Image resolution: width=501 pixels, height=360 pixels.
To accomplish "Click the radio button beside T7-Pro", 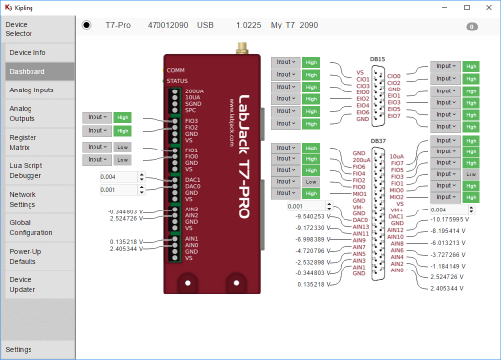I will tap(87, 26).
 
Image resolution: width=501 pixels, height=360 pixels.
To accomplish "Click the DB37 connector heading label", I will tap(379, 141).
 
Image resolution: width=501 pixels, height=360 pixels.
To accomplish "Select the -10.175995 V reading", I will tap(454, 218).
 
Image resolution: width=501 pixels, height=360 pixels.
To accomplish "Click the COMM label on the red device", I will tap(176, 70).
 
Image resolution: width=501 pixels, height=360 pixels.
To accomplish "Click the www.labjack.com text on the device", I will tap(231, 118).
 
